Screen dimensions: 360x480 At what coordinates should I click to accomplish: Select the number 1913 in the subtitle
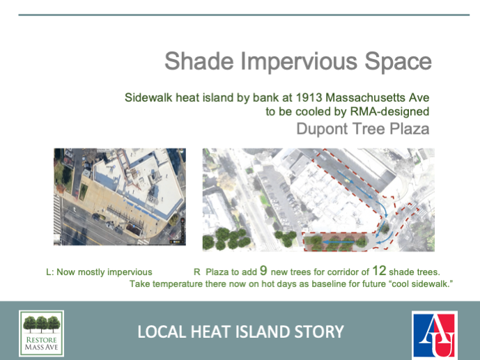pyautogui.click(x=298, y=97)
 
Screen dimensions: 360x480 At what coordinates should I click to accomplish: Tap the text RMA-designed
pyautogui.click(x=396, y=111)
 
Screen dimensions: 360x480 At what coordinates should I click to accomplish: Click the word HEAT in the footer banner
pyautogui.click(x=217, y=331)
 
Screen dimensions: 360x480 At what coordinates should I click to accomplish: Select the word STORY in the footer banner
pyautogui.click(x=320, y=331)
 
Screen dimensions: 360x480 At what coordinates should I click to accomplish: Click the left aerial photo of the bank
pyautogui.click(x=120, y=196)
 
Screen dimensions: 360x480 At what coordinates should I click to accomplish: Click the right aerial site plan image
pyautogui.click(x=318, y=199)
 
